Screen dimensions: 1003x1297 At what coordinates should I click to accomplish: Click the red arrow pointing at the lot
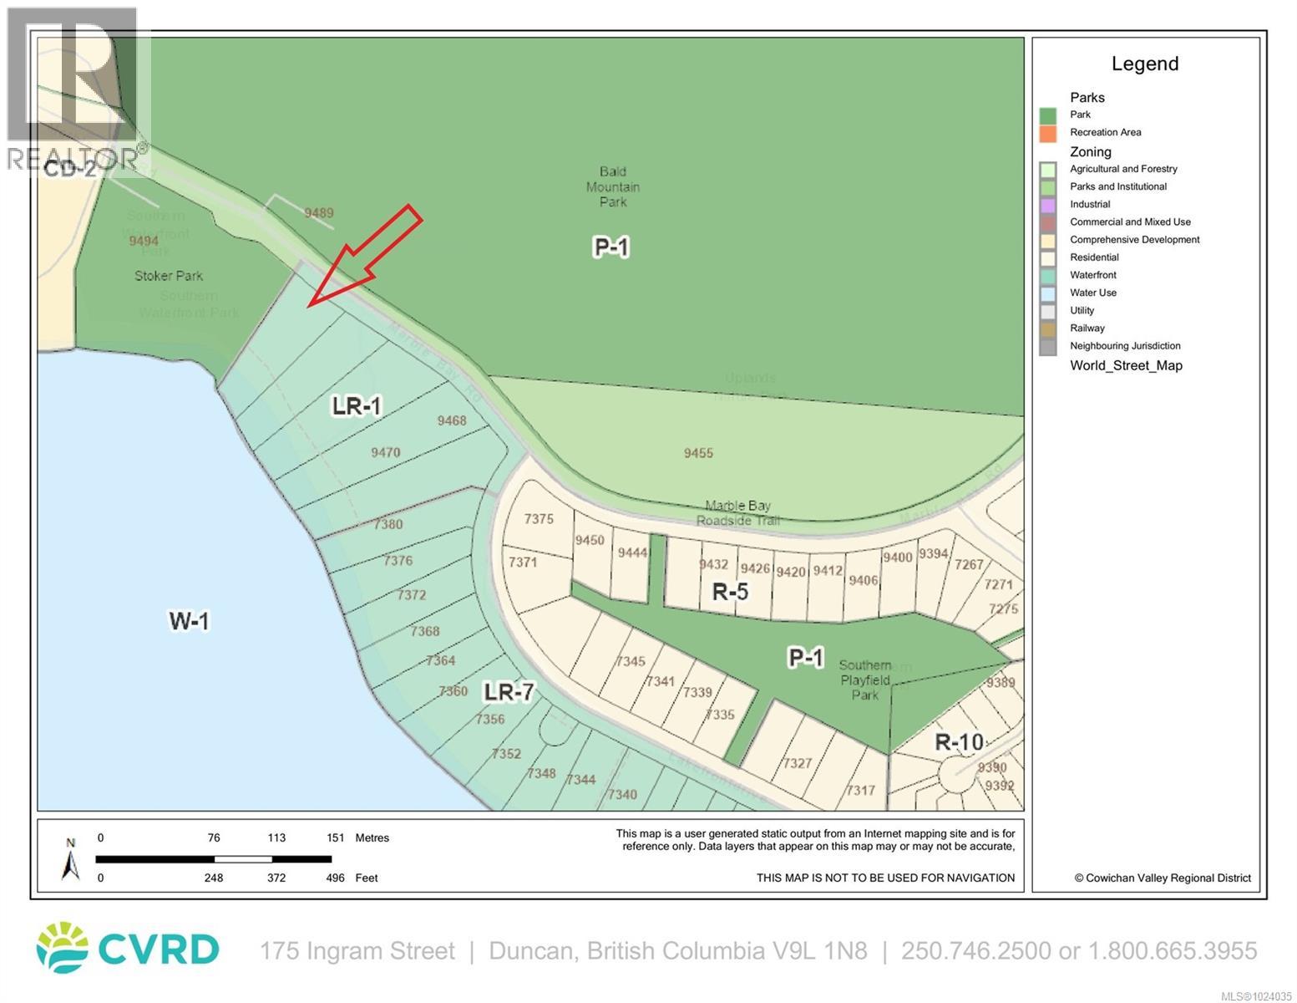click(367, 254)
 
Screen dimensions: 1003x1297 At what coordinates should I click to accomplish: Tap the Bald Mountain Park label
click(612, 186)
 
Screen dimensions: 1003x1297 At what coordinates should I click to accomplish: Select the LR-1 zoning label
click(357, 406)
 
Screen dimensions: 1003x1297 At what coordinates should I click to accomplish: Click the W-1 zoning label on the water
click(190, 621)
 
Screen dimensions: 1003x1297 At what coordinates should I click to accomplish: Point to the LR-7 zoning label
click(509, 692)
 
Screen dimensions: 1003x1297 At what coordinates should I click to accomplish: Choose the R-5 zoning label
click(730, 593)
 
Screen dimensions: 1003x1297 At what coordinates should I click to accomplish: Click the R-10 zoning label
click(959, 741)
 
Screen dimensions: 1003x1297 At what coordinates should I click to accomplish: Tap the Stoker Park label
click(169, 276)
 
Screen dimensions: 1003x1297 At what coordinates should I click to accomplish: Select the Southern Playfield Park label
click(864, 680)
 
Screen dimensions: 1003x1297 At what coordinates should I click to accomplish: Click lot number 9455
click(698, 453)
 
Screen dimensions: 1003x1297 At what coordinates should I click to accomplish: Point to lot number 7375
click(539, 518)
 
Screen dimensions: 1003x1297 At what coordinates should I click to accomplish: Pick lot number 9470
click(386, 452)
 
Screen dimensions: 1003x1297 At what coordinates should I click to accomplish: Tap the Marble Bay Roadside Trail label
click(737, 512)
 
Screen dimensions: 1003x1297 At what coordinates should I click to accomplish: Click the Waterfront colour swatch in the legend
click(1048, 275)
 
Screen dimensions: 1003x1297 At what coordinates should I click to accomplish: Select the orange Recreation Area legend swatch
click(1048, 133)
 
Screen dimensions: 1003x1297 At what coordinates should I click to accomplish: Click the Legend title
click(1144, 64)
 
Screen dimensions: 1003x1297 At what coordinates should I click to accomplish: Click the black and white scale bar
click(213, 858)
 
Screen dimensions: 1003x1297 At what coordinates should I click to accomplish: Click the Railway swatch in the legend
click(1048, 328)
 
